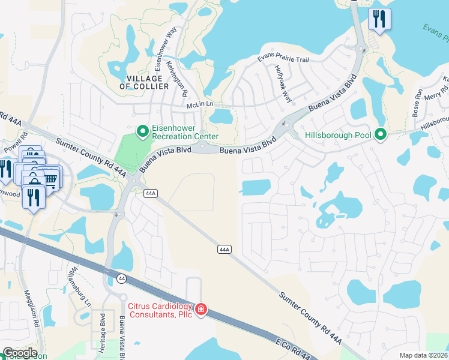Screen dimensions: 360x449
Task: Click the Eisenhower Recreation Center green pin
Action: click(142, 130)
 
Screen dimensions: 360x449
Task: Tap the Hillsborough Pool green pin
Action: click(380, 134)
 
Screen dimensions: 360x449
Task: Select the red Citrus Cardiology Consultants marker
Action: click(202, 310)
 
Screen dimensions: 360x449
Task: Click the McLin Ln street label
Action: click(200, 104)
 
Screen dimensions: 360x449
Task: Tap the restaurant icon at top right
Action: click(379, 19)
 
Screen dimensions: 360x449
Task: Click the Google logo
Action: click(20, 353)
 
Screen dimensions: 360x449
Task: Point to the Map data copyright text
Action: click(424, 355)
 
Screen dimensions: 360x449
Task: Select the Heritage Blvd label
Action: click(103, 328)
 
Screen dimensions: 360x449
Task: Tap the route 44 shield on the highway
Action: click(122, 278)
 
